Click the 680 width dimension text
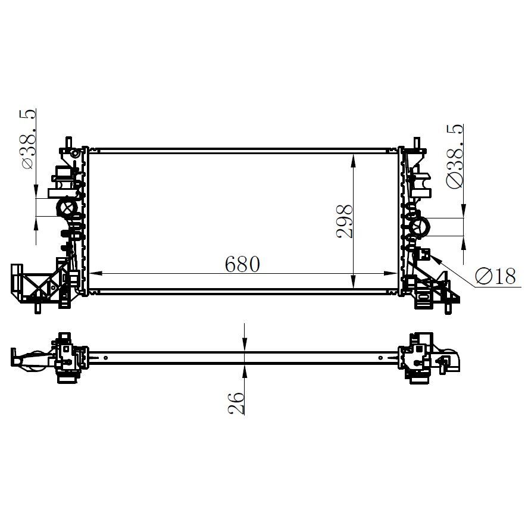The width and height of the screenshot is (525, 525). coord(242,264)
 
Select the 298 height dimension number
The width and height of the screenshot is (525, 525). coord(345,221)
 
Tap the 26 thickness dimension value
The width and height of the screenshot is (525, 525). coord(236,403)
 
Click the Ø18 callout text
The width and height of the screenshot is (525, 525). coord(496,276)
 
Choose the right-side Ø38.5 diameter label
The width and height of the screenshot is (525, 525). coord(454,156)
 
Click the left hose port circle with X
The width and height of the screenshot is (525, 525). coord(67,208)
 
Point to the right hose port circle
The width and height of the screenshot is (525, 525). coord(420,227)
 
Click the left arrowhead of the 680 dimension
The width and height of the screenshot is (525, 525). coord(95,274)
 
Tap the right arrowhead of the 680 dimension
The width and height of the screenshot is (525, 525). coord(390,274)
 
